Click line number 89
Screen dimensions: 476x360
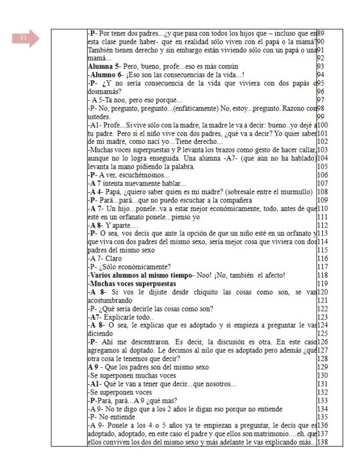point(320,32)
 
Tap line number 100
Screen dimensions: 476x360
point(322,124)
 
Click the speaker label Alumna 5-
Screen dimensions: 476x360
point(106,66)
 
